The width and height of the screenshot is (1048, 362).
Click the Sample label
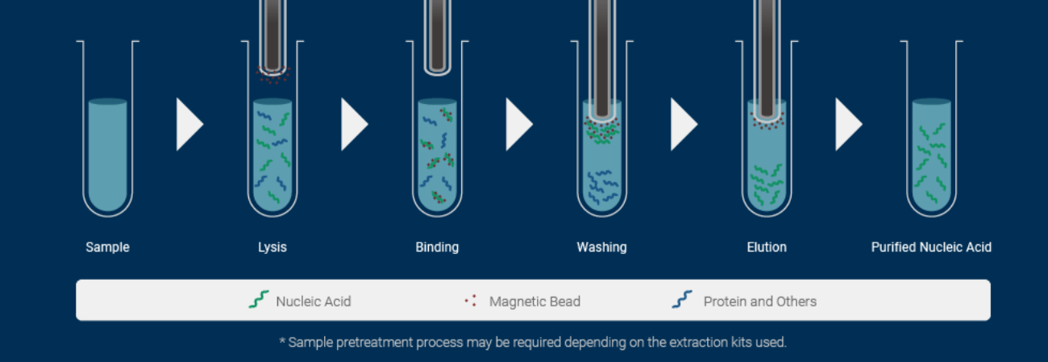[107, 247]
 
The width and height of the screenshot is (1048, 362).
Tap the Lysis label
[272, 247]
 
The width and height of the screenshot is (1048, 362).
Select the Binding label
[437, 247]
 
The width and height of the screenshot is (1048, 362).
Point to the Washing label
[601, 247]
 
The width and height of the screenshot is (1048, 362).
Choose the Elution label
[767, 247]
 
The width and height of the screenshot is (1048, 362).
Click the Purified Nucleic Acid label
[931, 247]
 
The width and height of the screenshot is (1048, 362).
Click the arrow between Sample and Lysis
[189, 124]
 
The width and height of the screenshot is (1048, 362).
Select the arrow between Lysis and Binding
[353, 124]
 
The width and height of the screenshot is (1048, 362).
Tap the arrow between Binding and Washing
[518, 124]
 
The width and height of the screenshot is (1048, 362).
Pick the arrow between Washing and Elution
[683, 124]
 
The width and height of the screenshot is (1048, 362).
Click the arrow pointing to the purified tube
[847, 124]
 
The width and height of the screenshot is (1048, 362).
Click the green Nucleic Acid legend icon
[259, 300]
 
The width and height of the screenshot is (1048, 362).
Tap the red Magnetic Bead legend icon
[471, 301]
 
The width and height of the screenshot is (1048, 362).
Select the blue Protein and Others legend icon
[682, 300]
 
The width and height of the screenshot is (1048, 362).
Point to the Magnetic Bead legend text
[534, 302]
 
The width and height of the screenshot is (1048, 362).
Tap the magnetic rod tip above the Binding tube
[437, 70]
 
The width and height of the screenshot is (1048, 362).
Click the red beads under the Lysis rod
[272, 75]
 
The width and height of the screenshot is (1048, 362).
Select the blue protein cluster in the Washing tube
[603, 186]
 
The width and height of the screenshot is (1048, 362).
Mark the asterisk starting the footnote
[282, 340]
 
